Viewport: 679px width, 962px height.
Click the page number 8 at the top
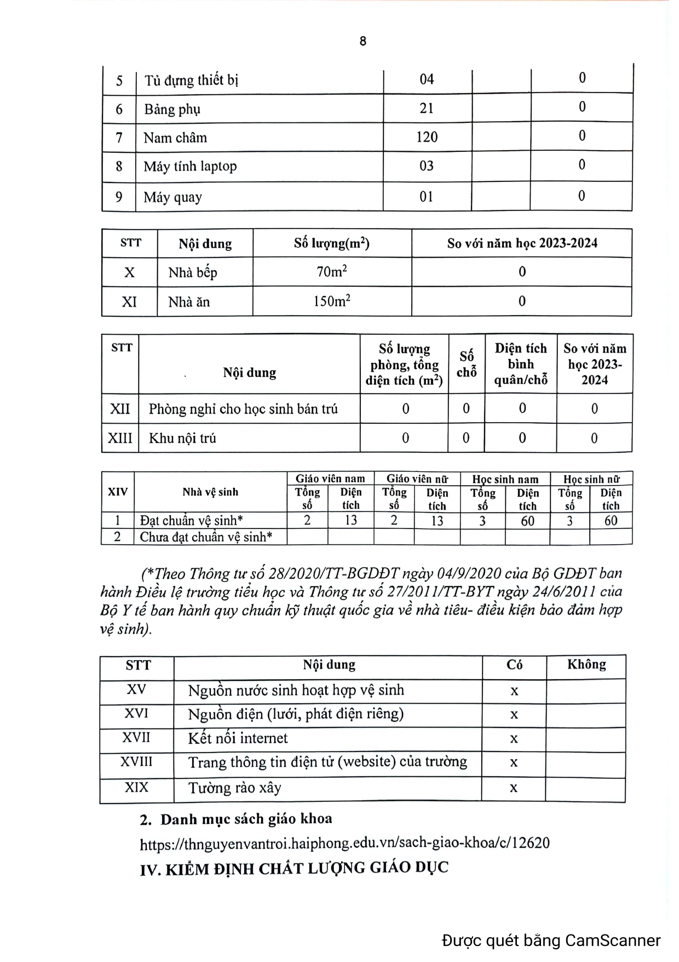(x=362, y=41)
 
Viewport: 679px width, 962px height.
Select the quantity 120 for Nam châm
(x=427, y=137)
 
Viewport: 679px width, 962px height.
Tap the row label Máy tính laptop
(x=190, y=167)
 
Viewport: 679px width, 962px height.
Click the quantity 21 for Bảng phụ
(x=427, y=109)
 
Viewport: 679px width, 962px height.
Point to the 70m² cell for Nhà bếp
(x=332, y=272)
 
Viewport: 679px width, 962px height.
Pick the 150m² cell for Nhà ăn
(x=332, y=301)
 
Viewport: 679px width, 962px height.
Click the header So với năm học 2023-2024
(x=522, y=243)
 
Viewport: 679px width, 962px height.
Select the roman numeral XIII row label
(x=120, y=438)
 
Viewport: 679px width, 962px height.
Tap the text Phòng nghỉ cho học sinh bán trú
(x=243, y=409)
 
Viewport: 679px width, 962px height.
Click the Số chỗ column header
(x=467, y=364)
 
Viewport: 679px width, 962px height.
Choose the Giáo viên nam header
(x=330, y=479)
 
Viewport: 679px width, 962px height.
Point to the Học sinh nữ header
(x=591, y=479)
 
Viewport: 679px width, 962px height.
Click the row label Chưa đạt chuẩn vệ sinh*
(x=206, y=537)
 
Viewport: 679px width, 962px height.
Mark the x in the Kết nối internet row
(x=514, y=739)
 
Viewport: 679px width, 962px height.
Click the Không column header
(x=586, y=665)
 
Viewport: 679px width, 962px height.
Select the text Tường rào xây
(x=234, y=788)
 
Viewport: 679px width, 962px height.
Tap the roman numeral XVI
(x=136, y=714)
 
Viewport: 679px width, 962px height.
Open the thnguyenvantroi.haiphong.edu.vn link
(x=344, y=843)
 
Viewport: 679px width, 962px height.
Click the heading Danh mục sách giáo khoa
(x=246, y=819)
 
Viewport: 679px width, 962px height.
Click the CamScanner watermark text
(x=551, y=941)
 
